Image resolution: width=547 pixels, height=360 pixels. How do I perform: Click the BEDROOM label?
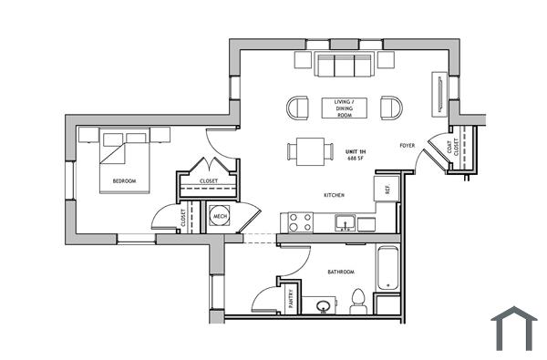click(124, 181)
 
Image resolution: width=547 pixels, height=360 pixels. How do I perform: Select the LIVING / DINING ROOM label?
click(344, 107)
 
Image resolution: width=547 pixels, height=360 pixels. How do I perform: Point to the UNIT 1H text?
click(355, 150)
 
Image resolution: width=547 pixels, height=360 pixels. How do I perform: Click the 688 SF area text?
click(355, 159)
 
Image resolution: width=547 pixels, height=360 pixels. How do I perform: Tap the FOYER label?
click(408, 146)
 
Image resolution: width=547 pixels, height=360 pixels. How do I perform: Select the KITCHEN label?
click(334, 196)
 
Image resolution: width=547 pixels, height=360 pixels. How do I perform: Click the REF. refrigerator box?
click(387, 189)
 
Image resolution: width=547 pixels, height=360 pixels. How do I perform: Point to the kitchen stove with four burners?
click(300, 221)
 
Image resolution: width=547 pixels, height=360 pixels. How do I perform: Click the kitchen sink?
click(345, 221)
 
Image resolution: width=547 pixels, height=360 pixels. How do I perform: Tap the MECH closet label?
click(220, 216)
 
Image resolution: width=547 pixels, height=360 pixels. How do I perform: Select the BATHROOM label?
click(340, 272)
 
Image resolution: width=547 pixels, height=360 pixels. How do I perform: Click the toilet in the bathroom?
click(358, 300)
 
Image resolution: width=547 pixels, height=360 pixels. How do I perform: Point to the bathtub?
click(387, 269)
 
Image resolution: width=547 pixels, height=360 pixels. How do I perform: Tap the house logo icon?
click(513, 328)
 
